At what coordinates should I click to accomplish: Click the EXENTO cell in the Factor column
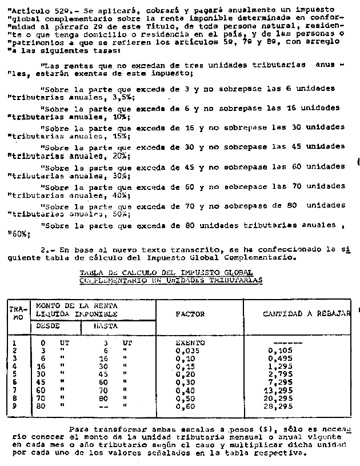coord(190,343)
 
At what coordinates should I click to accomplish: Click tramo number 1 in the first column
coord(13,343)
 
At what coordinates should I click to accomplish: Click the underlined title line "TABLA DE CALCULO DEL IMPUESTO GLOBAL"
coord(171,273)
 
